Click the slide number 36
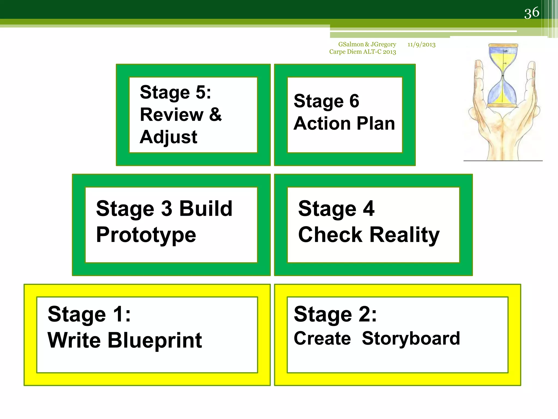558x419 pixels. [532, 13]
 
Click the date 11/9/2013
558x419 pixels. [421, 44]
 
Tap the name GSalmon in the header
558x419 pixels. [351, 44]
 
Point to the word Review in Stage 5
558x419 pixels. [172, 115]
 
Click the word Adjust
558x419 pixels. [168, 137]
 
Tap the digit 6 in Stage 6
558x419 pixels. [354, 101]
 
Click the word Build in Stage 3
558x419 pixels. [206, 209]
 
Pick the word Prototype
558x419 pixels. [146, 235]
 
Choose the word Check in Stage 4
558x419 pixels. [330, 235]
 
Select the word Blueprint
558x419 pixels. [155, 340]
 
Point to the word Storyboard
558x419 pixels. [411, 339]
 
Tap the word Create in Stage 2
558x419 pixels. [322, 339]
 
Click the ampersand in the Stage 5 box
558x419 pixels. [216, 115]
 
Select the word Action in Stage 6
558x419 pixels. [322, 124]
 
